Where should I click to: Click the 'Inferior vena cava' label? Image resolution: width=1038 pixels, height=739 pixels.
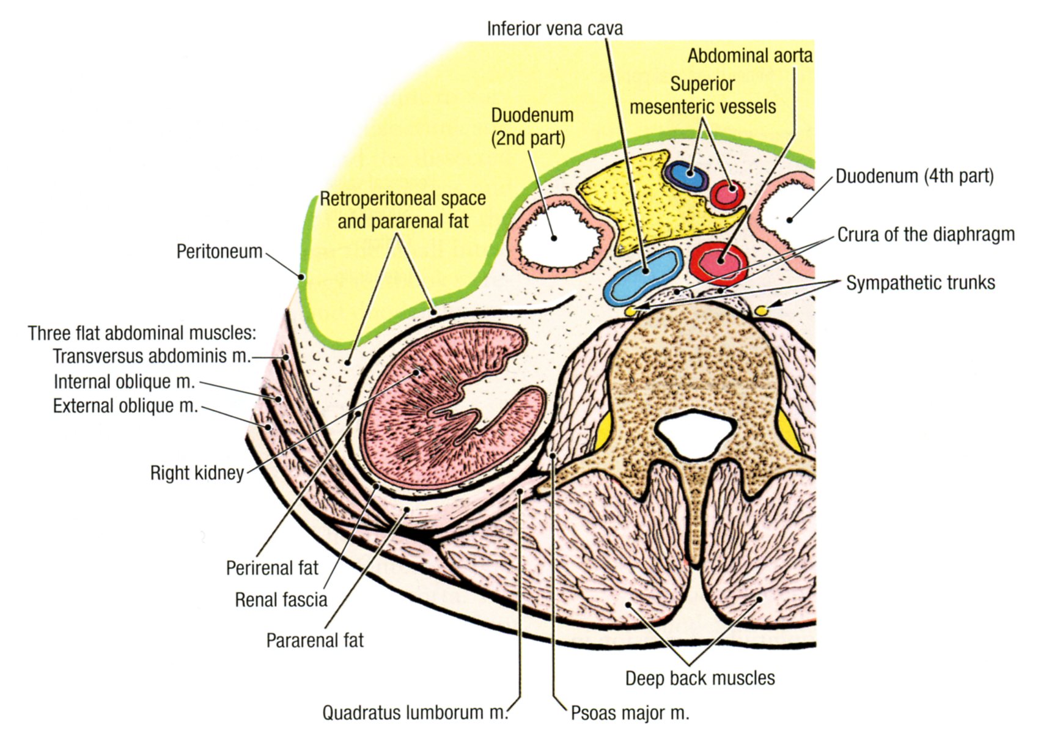(x=554, y=29)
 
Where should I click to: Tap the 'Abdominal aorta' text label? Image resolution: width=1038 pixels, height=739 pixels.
(x=749, y=56)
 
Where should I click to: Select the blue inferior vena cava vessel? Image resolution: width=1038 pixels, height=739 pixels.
(x=643, y=274)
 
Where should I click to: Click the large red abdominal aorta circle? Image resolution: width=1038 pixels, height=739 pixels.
(x=720, y=261)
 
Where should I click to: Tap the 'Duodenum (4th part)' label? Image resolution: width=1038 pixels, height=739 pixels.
(x=915, y=177)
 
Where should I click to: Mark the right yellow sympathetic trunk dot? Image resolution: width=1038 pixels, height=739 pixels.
(x=761, y=311)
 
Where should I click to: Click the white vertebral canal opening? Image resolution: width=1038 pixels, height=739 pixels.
(x=694, y=430)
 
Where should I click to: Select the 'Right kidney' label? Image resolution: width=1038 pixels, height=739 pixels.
(x=197, y=472)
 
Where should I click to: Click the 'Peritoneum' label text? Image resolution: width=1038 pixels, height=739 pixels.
(x=219, y=251)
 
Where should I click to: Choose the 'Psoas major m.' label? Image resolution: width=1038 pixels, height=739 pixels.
(x=630, y=713)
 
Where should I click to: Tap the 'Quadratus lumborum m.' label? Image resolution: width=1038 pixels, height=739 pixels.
(x=415, y=713)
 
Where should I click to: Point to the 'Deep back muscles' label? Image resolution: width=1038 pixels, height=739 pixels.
(x=700, y=678)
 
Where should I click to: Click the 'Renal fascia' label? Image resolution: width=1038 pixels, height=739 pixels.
(x=281, y=600)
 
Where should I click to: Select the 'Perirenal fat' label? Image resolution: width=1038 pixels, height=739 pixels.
(x=272, y=568)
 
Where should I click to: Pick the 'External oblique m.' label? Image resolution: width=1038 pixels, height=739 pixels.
(x=125, y=406)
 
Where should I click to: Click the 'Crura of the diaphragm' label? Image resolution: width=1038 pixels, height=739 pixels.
(x=926, y=235)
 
